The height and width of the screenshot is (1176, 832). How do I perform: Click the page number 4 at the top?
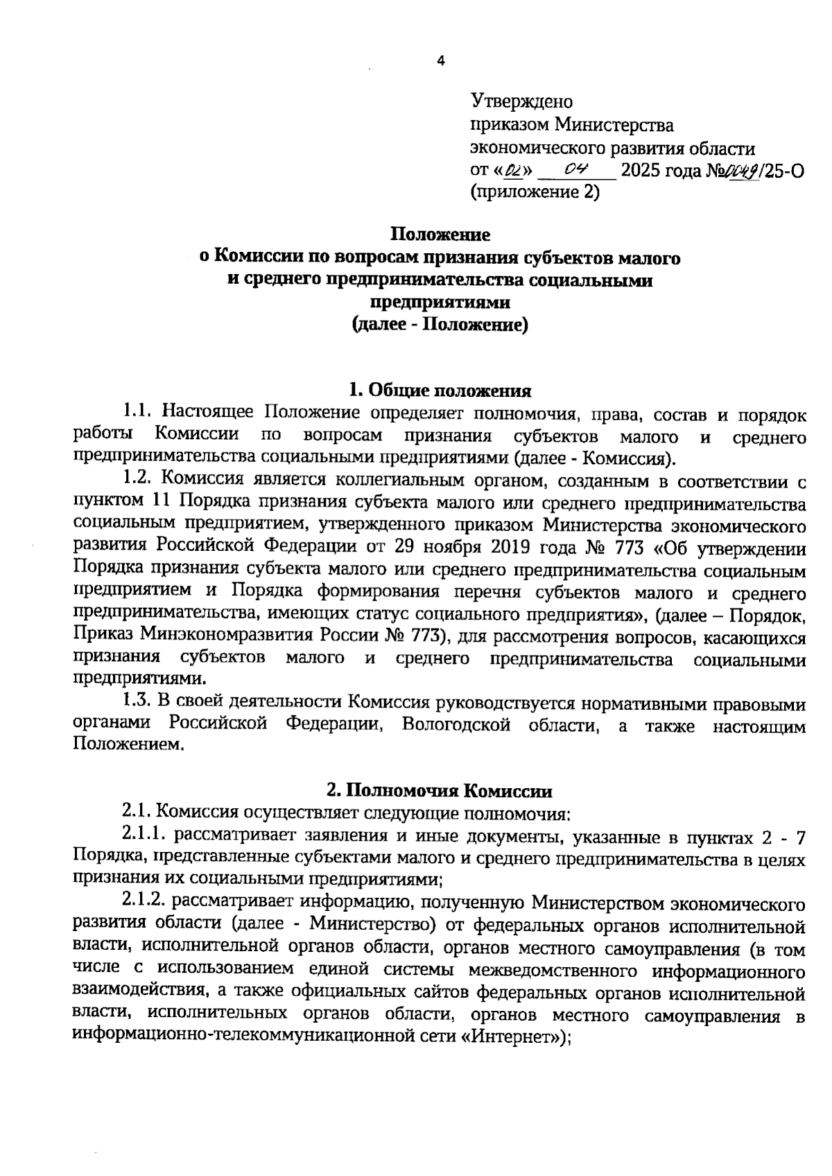440,61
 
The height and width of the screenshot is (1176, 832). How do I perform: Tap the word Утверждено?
522,102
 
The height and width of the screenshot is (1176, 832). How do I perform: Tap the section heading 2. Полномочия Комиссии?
440,791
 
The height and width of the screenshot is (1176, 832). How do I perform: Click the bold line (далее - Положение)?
440,325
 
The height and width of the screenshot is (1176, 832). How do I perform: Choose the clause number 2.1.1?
144,837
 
